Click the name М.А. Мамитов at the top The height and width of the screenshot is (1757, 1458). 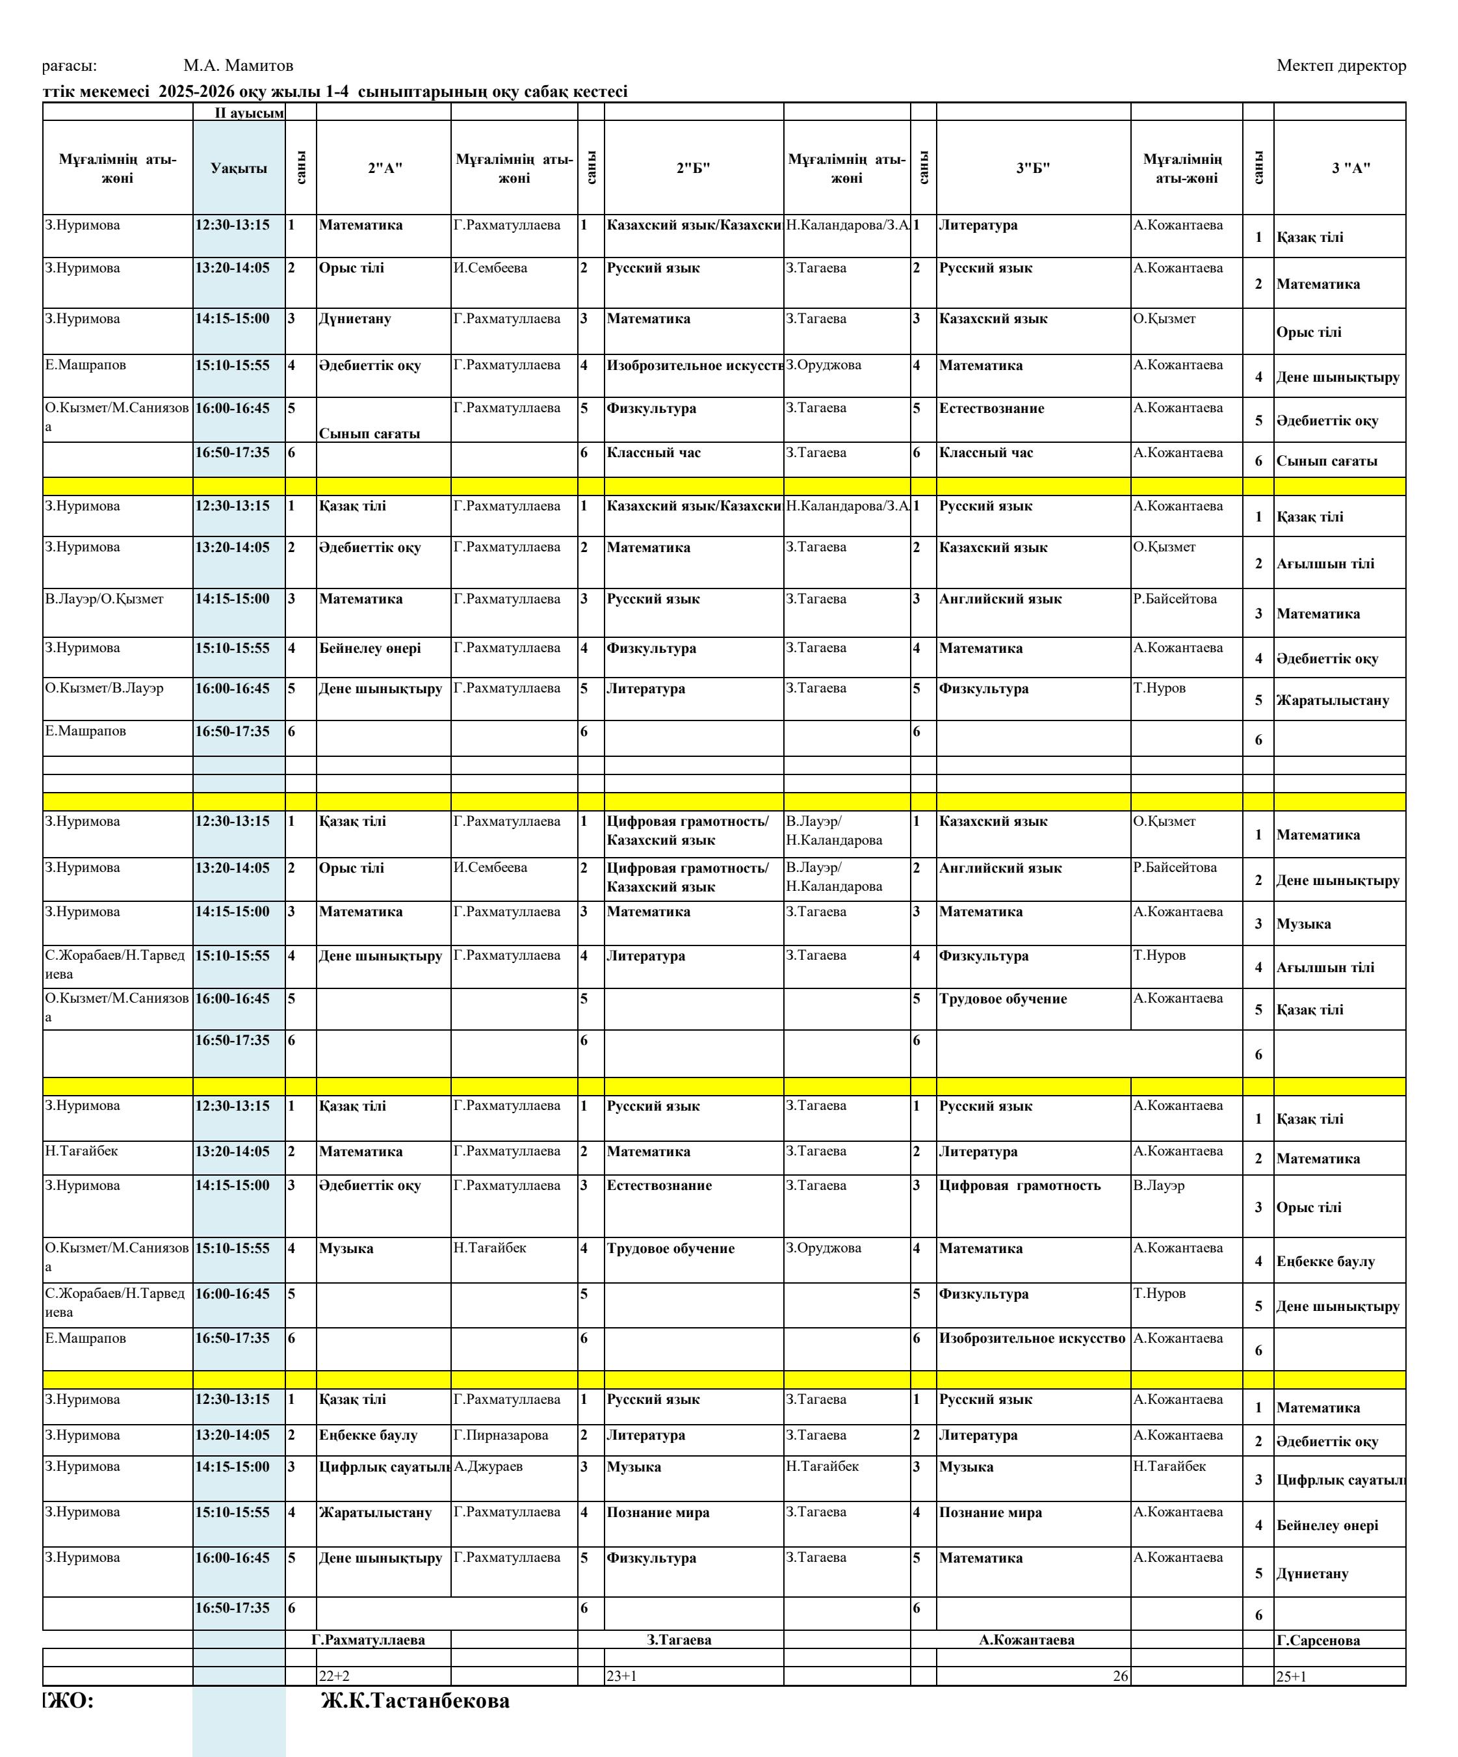pos(239,65)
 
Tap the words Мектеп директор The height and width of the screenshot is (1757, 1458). pos(1341,65)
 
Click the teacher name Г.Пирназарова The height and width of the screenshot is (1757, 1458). pos(501,1435)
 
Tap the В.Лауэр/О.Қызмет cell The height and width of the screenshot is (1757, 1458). pos(105,599)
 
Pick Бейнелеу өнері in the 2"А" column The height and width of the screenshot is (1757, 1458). pos(370,648)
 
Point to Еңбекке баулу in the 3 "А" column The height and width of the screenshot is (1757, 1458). pos(1325,1262)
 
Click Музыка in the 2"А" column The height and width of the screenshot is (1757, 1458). pos(346,1248)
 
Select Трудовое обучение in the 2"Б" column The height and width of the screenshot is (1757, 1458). pos(671,1248)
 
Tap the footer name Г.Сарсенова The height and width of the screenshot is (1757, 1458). pos(1318,1641)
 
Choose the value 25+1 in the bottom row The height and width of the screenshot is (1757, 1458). pos(1291,1676)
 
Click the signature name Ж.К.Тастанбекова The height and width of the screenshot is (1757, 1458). pos(415,1701)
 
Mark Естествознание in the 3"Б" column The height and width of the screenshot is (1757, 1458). pos(991,408)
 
